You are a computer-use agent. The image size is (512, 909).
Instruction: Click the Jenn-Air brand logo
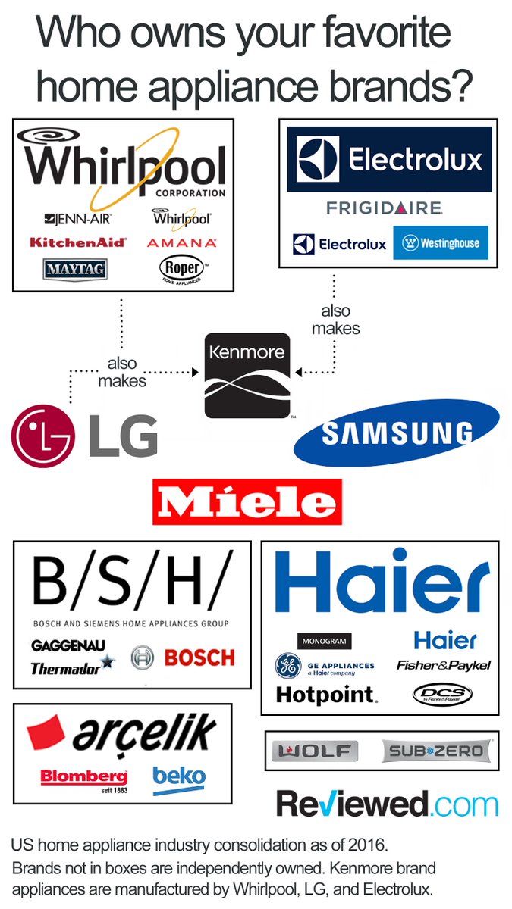tap(78, 220)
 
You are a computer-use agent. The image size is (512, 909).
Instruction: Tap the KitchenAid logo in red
tap(78, 243)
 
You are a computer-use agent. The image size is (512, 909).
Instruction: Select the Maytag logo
tap(74, 268)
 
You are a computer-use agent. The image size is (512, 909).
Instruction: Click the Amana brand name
tap(181, 243)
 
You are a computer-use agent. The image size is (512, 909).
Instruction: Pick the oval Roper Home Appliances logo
tap(181, 269)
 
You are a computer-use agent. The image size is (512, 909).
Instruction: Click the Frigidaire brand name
tap(384, 208)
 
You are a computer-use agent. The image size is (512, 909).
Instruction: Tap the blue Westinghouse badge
tap(440, 244)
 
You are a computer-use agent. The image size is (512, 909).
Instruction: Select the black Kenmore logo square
tap(247, 375)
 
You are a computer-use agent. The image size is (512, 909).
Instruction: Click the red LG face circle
tap(43, 436)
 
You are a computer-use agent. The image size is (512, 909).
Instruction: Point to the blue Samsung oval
tap(397, 433)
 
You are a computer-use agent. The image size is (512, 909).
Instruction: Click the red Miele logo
tap(247, 501)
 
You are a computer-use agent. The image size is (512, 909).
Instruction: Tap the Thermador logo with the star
tap(73, 667)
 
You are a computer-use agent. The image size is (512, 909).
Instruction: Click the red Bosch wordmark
tap(199, 658)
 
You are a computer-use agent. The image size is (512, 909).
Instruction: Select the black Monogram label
tap(324, 641)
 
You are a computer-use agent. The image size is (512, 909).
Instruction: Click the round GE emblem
tap(288, 666)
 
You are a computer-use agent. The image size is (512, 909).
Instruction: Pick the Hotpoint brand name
tap(326, 694)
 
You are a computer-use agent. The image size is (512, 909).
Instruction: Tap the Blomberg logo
tap(83, 778)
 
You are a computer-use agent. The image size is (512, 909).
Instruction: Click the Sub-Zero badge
tap(436, 751)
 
